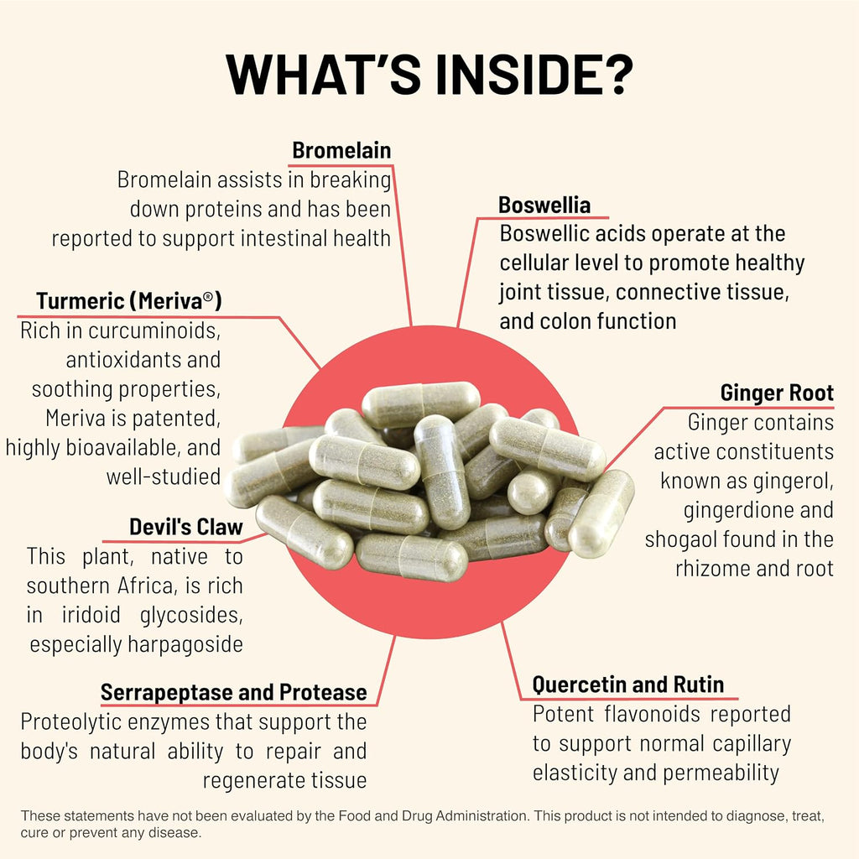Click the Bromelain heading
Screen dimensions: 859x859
pyautogui.click(x=341, y=150)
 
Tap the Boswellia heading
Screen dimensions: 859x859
pyautogui.click(x=544, y=205)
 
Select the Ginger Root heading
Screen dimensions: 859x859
pyautogui.click(x=777, y=393)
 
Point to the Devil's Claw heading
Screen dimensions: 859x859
pyautogui.click(x=186, y=527)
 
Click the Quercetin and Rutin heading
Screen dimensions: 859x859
pyautogui.click(x=628, y=685)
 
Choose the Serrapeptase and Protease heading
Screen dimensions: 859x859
pyautogui.click(x=234, y=692)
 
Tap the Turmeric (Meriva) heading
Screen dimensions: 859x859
pyautogui.click(x=128, y=301)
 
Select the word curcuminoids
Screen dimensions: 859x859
pyautogui.click(x=154, y=331)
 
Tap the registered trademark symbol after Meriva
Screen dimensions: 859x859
pyautogui.click(x=208, y=296)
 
